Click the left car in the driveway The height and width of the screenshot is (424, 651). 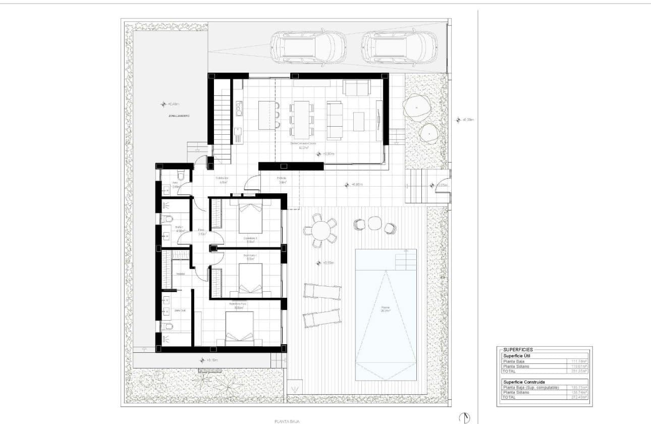click(307, 47)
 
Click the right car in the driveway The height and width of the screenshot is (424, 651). click(399, 47)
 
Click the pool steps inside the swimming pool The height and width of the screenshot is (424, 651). click(405, 259)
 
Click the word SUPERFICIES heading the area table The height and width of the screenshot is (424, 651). click(518, 349)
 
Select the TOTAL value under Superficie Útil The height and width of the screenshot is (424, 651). click(578, 371)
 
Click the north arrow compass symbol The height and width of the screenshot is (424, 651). click(464, 417)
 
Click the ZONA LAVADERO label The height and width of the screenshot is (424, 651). click(179, 116)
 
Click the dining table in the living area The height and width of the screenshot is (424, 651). click(301, 119)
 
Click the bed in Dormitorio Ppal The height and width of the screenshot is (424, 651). click(239, 328)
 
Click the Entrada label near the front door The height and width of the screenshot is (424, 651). click(281, 178)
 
